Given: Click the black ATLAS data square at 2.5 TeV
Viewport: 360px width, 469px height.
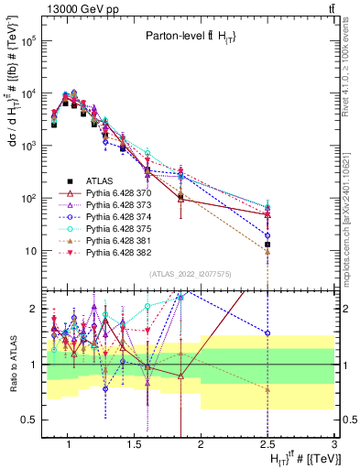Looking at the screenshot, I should click(267, 245).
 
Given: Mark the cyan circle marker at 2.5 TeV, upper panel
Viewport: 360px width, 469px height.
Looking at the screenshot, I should click(267, 207).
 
